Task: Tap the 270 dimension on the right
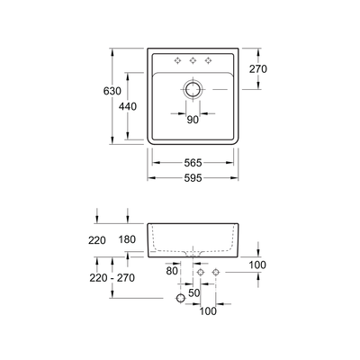[258, 69]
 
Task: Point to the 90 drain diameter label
[192, 120]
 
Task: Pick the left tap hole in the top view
[176, 60]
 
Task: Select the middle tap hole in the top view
[192, 60]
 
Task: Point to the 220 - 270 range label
[113, 278]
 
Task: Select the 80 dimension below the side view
[173, 268]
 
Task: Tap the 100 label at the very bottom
[209, 311]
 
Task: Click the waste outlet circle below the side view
[180, 296]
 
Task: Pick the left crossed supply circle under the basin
[200, 271]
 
